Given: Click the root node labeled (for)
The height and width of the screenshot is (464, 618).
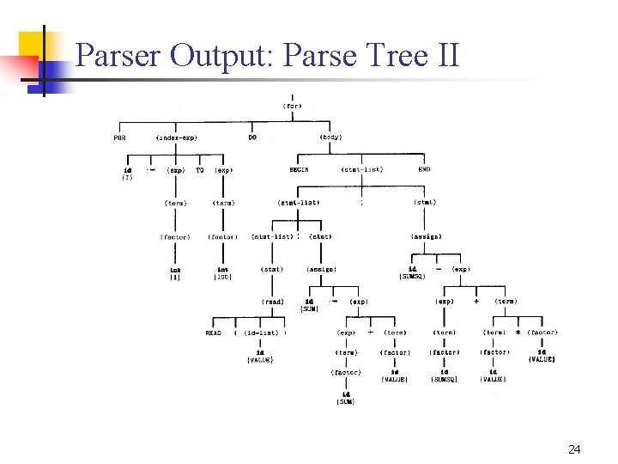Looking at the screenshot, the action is (292, 106).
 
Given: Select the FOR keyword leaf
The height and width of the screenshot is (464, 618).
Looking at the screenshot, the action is (120, 137).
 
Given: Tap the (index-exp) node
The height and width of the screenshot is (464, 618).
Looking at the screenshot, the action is (176, 137).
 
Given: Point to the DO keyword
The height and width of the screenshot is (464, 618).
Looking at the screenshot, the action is (252, 137).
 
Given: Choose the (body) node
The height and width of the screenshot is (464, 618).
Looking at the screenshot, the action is (330, 137).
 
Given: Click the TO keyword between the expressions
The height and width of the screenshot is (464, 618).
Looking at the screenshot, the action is (200, 170).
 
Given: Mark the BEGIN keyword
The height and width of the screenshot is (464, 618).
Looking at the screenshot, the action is (299, 170).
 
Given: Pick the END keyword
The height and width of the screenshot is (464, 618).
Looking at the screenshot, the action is (424, 170).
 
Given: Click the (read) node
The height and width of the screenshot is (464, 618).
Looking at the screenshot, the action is (273, 302).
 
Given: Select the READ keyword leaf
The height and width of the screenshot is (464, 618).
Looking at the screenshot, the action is (213, 333).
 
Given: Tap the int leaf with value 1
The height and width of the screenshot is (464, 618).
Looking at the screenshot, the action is (175, 273).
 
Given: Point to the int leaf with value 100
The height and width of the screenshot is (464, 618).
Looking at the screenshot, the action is (223, 273).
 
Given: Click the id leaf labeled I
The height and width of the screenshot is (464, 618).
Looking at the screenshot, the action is (127, 174).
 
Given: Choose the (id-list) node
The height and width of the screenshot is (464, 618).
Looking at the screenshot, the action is (262, 333).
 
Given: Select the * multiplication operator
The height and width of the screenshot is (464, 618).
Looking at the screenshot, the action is (518, 333).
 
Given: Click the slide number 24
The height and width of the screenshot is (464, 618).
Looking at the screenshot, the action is (574, 449).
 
